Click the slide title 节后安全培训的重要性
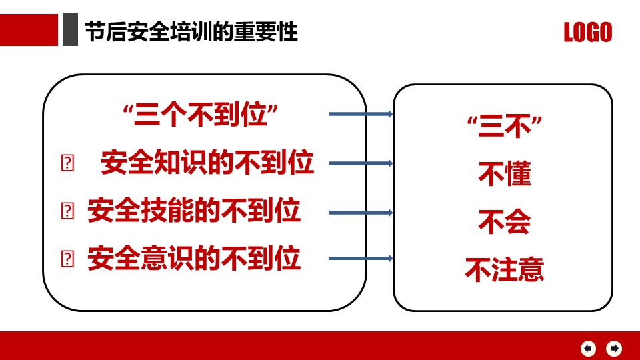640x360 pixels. [191, 32]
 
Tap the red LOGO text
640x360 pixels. [588, 32]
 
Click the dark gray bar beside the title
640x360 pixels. [70, 30]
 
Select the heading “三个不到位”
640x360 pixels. [201, 115]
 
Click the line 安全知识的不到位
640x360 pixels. [207, 163]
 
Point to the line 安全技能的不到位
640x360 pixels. [194, 211]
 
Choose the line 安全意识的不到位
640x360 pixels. [194, 258]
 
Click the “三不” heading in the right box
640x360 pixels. [505, 127]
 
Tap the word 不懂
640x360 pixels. [505, 174]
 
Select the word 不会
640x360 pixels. [505, 221]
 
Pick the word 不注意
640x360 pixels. [505, 269]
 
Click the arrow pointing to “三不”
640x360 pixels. [361, 114]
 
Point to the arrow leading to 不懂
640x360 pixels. [361, 163]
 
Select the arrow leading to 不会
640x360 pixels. [361, 213]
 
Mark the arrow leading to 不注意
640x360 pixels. [361, 259]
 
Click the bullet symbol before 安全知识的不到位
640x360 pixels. [67, 163]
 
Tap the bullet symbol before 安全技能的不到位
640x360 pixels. [67, 211]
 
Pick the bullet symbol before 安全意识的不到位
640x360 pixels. [67, 259]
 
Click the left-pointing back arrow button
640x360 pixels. [588, 349]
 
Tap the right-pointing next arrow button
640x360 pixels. [614, 349]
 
